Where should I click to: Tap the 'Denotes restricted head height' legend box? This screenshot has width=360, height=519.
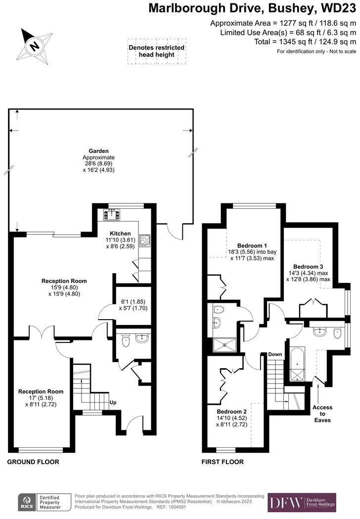156,51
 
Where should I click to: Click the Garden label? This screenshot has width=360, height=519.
98,150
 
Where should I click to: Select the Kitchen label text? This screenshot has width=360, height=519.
120,234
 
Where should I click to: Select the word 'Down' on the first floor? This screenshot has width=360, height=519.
275,354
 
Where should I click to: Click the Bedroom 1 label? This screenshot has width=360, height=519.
252,245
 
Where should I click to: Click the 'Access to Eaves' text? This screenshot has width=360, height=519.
322,414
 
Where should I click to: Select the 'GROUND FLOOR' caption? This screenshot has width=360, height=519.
33,462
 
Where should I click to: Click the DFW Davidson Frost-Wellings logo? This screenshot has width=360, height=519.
302,502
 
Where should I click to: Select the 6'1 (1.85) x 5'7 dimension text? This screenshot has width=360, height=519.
133,305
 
